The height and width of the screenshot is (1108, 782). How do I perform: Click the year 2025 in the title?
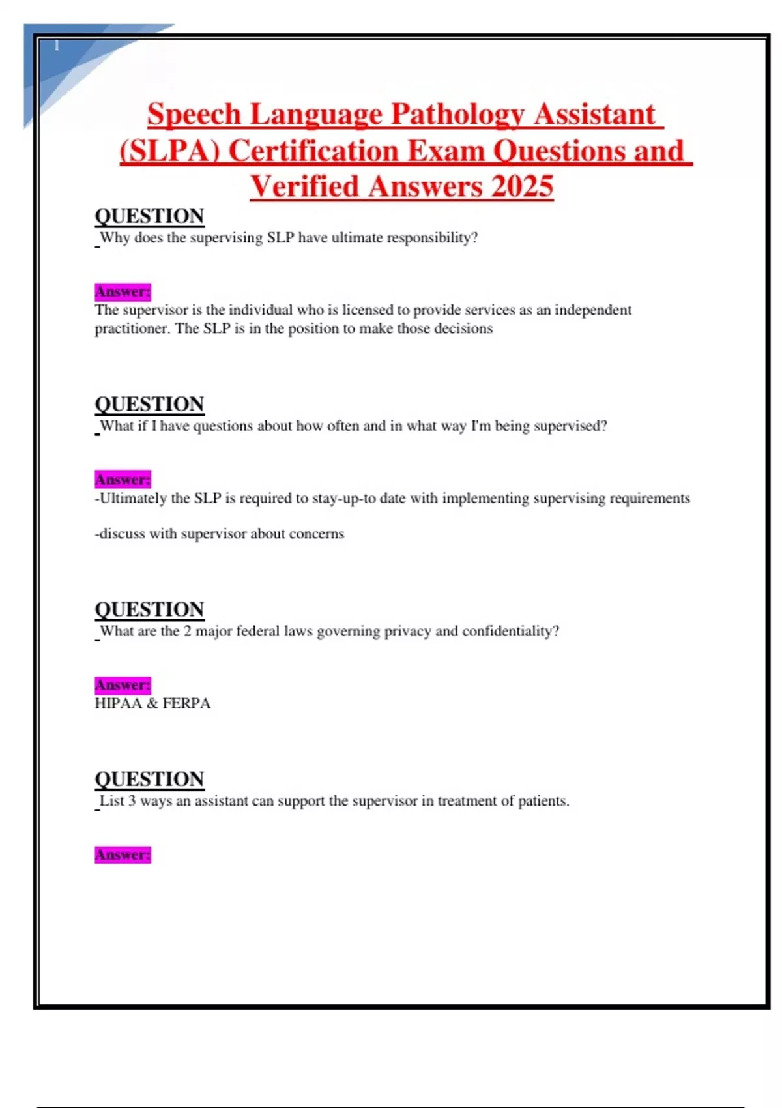(522, 186)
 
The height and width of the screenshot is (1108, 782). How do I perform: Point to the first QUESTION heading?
(149, 216)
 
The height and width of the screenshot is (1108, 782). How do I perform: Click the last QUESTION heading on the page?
(149, 779)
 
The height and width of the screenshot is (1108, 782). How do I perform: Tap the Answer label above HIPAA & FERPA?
(123, 685)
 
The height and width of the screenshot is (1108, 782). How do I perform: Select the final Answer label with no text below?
(123, 854)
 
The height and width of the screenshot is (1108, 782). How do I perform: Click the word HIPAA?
(118, 703)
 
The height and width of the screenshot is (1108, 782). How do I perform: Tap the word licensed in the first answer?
(366, 310)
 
